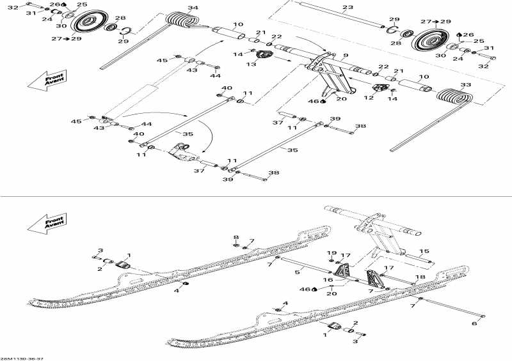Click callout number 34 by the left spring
[193, 8]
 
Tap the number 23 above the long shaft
[348, 8]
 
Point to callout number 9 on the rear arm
[346, 56]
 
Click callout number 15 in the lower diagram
[424, 251]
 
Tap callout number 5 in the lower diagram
[297, 273]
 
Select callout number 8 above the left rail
[236, 236]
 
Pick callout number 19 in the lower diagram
[332, 253]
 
